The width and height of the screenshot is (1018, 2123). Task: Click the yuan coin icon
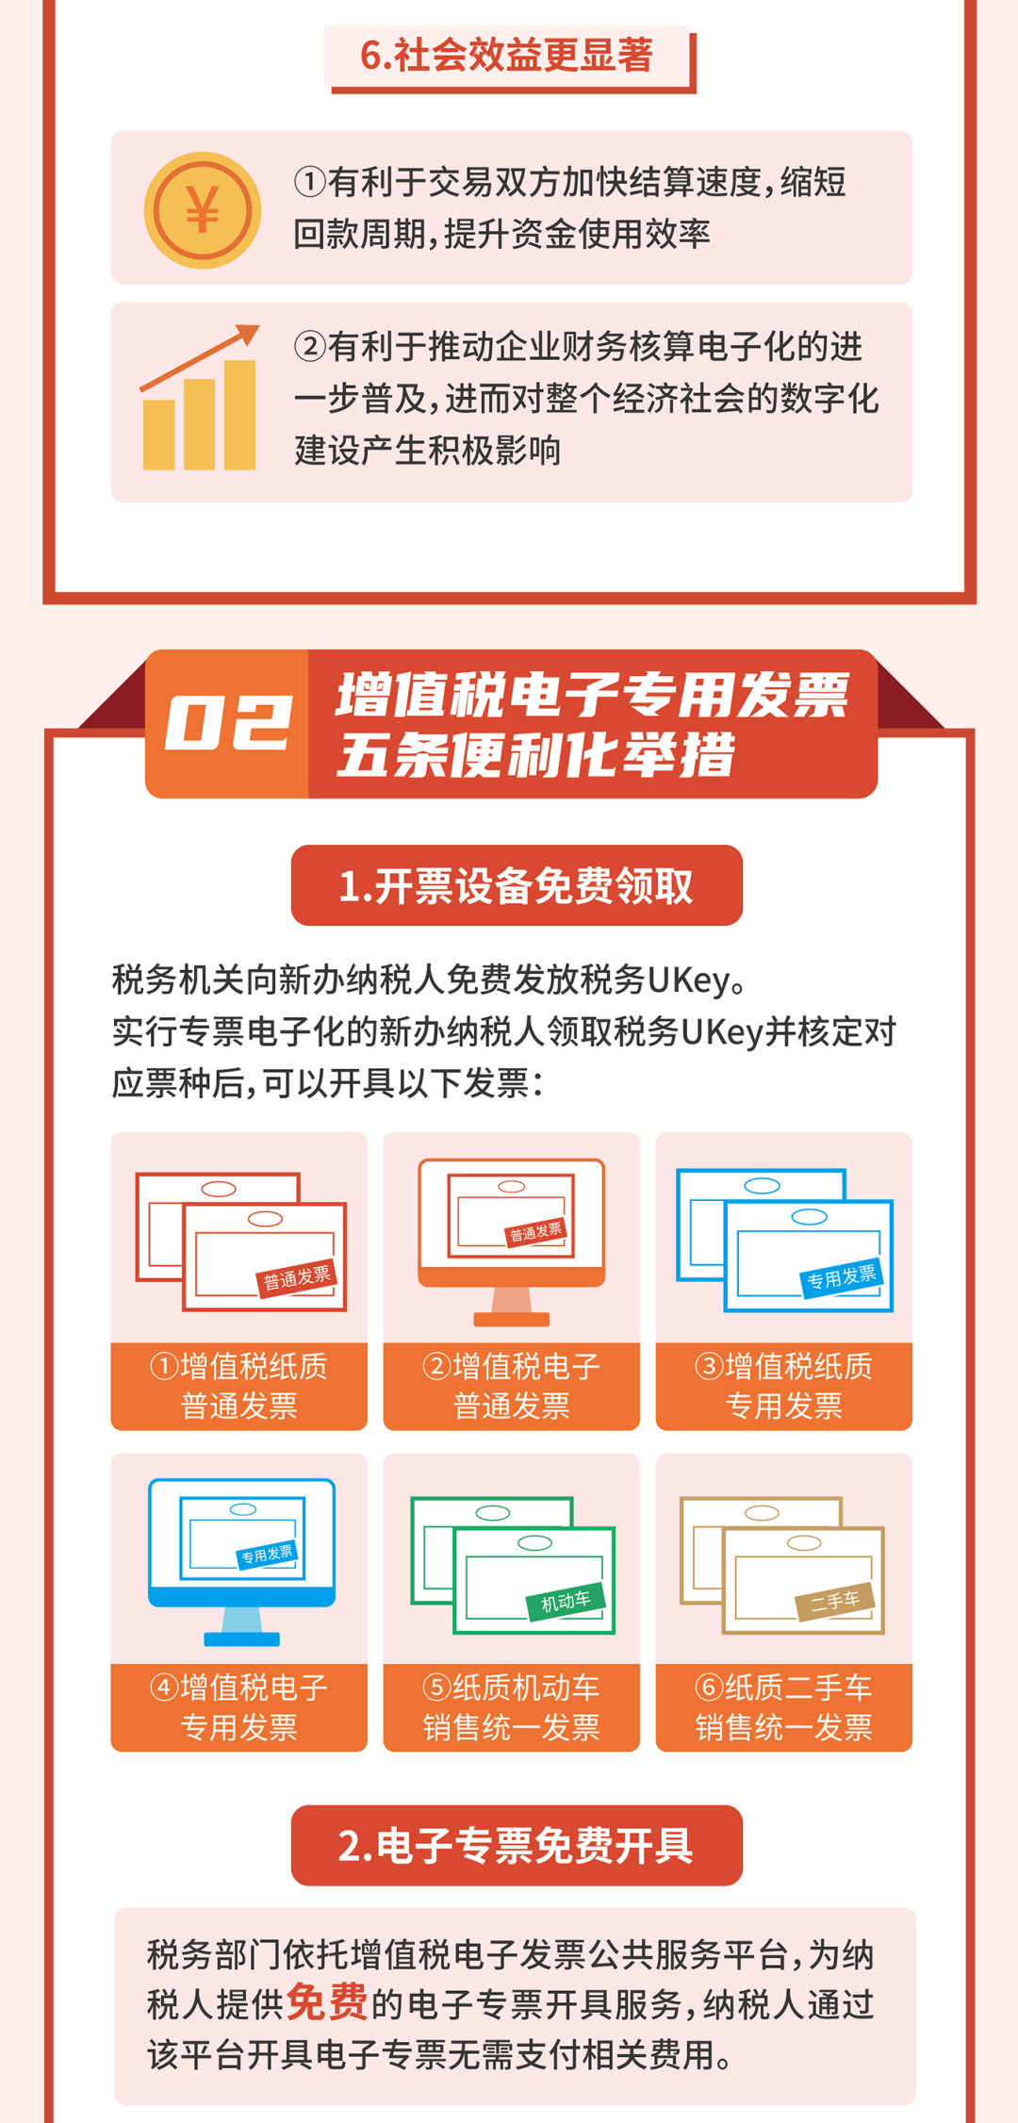(x=202, y=209)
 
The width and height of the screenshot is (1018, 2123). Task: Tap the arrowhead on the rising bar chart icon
(x=248, y=334)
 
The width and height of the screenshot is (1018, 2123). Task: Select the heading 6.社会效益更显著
(x=507, y=57)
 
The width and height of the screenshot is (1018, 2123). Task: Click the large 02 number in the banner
(x=227, y=724)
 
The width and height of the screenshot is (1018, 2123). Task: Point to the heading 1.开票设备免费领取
(x=516, y=886)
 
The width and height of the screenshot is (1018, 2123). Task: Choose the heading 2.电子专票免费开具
(x=516, y=1846)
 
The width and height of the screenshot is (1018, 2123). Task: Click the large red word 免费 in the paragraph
(x=326, y=2002)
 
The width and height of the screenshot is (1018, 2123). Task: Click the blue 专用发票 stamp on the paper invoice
(x=842, y=1277)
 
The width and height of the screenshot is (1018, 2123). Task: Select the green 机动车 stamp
(x=566, y=1601)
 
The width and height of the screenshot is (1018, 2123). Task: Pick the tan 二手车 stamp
(x=835, y=1601)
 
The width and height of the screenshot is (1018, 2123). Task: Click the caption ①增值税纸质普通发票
(x=238, y=1386)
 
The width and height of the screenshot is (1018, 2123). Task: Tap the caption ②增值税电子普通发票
(x=511, y=1386)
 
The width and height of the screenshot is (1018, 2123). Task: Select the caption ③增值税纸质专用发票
(x=783, y=1386)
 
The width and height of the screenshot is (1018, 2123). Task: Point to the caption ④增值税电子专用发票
(x=238, y=1707)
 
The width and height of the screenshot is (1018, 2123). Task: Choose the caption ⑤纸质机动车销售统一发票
(x=511, y=1707)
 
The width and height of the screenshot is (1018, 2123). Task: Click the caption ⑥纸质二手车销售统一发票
(x=783, y=1707)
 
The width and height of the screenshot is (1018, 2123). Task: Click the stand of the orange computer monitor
(x=511, y=1307)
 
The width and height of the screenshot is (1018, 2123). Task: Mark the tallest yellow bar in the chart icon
(x=239, y=415)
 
